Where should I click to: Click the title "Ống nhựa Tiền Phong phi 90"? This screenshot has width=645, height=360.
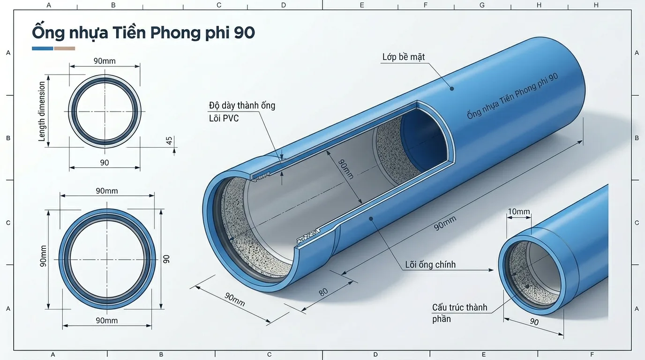[143, 33]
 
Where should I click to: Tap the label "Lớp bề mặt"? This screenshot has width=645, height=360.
[403, 57]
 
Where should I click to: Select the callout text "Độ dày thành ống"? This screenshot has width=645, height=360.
[242, 105]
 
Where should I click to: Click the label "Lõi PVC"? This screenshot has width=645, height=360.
[224, 118]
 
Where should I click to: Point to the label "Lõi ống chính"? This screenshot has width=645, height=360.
[430, 265]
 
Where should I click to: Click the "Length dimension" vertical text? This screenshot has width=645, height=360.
[42, 112]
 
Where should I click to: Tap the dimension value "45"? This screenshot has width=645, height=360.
[170, 141]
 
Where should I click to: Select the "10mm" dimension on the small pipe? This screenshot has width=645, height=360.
[519, 212]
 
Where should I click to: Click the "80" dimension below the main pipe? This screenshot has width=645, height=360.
[323, 292]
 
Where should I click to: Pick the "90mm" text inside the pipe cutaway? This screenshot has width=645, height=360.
[346, 169]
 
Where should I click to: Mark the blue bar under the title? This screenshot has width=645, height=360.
[42, 48]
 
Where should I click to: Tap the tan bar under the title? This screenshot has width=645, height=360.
[65, 48]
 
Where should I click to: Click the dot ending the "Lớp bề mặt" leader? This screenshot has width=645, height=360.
[452, 88]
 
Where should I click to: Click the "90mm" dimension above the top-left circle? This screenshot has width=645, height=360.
[105, 61]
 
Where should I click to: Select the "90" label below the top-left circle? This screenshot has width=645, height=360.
[105, 163]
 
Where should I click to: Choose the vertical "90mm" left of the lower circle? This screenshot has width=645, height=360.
[44, 256]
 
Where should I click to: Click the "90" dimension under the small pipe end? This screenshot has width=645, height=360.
[534, 322]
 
